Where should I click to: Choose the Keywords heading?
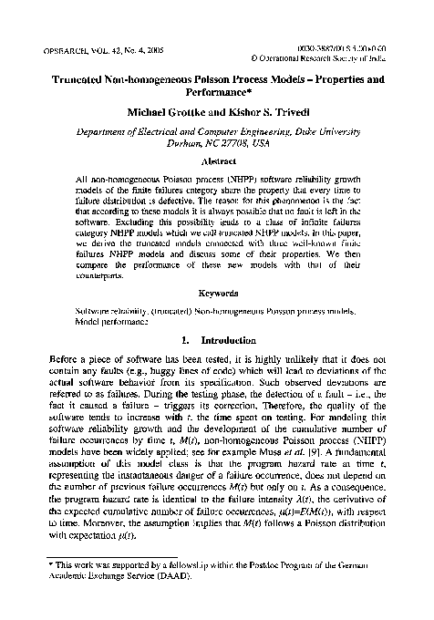click(x=216, y=294)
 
